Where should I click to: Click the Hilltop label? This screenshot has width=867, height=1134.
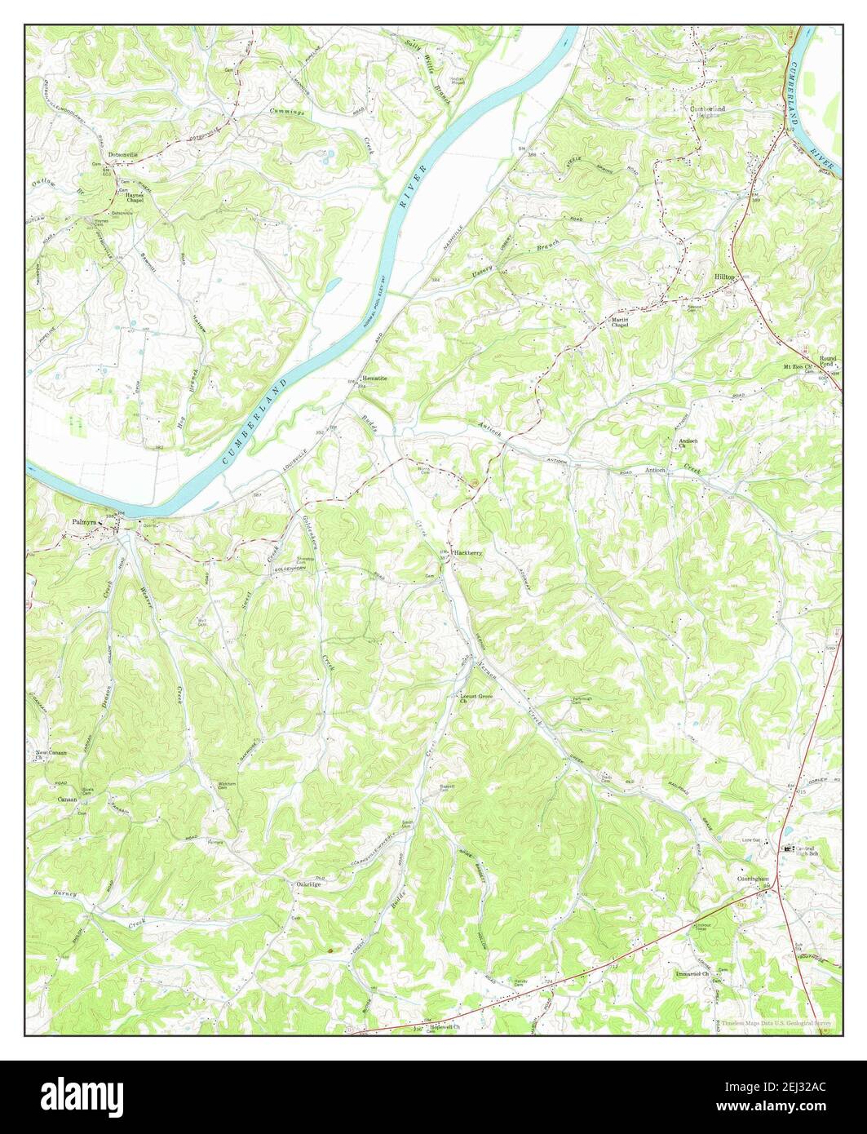tap(724, 277)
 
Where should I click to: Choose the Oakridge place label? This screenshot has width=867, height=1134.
tap(308, 884)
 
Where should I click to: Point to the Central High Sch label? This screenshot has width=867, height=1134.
tap(806, 853)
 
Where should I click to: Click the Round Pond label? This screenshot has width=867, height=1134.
tap(829, 361)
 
